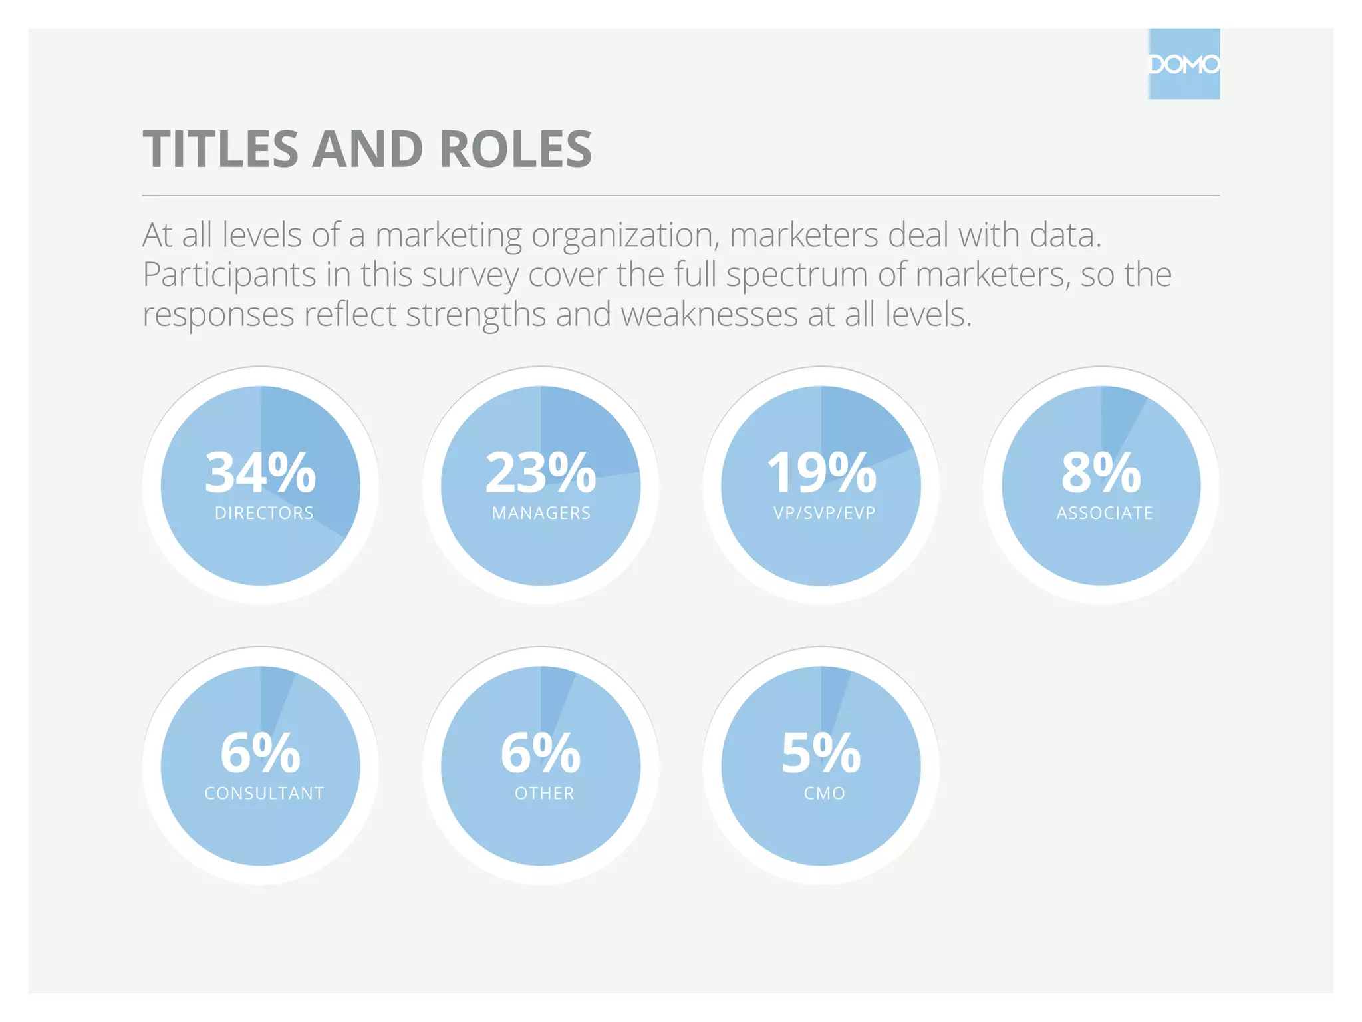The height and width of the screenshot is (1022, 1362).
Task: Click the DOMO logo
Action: click(1184, 65)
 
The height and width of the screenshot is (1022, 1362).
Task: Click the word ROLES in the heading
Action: click(515, 149)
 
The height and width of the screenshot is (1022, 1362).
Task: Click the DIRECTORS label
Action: click(264, 513)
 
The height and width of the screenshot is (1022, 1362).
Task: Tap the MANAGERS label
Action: click(541, 513)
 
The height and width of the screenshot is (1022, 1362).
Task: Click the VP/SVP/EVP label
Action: click(825, 513)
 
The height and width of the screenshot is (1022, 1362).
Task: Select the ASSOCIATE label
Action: click(1105, 513)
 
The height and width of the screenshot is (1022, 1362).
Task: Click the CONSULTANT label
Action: click(264, 793)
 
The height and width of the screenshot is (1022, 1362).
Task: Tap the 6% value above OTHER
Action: click(541, 753)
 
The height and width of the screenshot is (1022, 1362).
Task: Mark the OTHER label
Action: click(545, 793)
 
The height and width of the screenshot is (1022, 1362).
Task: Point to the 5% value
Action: click(821, 753)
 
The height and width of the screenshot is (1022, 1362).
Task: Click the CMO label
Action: click(825, 793)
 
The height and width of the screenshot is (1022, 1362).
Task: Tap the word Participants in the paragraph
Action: click(229, 275)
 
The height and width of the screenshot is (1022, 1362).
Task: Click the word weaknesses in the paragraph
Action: click(709, 314)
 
